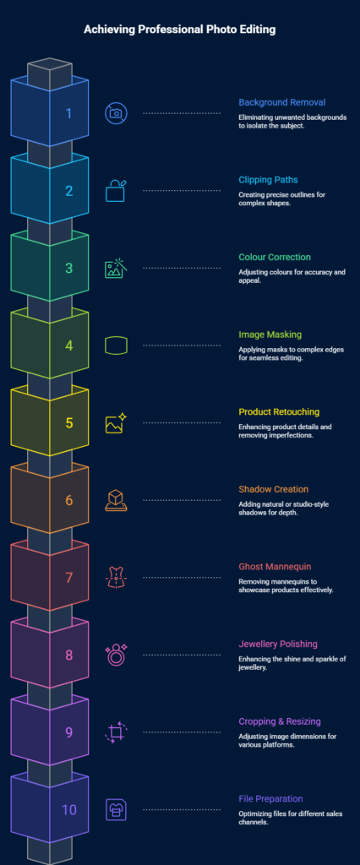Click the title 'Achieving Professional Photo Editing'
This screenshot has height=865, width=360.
[x=179, y=30]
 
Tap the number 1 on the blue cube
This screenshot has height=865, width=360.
[x=69, y=114]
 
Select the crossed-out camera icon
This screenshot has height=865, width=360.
[x=116, y=113]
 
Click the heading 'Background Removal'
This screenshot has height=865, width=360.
[x=281, y=102]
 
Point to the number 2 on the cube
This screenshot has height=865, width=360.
[x=69, y=191]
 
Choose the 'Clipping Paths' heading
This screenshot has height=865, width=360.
[x=269, y=180]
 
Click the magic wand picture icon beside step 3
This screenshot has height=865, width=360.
[x=117, y=268]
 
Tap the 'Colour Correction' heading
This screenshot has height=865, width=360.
[x=275, y=257]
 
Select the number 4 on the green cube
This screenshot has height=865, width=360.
[x=69, y=345]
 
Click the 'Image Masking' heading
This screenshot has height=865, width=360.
[x=270, y=335]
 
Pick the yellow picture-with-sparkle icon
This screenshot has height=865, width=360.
[x=116, y=422]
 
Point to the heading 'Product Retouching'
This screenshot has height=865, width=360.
[x=279, y=412]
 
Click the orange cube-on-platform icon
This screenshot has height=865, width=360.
[x=116, y=500]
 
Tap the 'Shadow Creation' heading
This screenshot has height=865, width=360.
[x=273, y=489]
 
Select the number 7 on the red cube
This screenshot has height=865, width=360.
[x=69, y=578]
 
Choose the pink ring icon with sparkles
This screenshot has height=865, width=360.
[x=116, y=655]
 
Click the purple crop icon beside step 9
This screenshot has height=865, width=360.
[x=116, y=732]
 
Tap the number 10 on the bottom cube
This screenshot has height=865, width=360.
[x=69, y=810]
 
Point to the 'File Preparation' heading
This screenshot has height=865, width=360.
[x=270, y=799]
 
